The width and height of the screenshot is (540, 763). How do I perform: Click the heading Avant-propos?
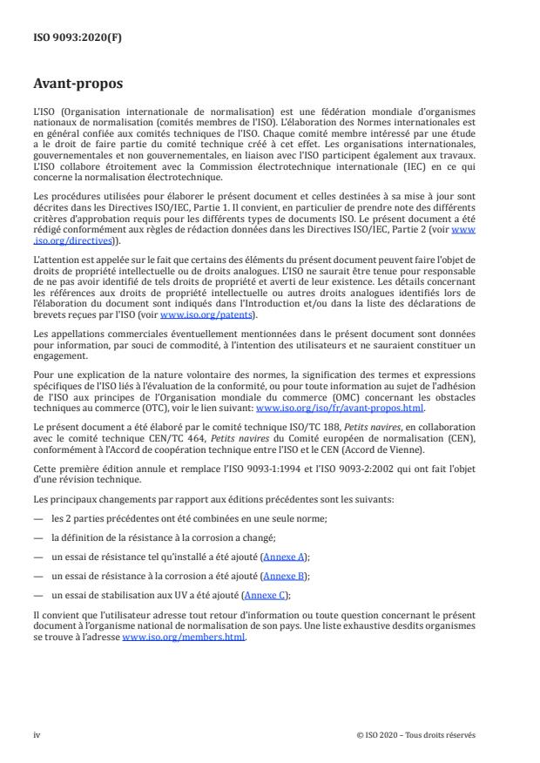pos(78,84)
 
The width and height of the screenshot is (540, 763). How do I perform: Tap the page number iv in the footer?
pos(37,735)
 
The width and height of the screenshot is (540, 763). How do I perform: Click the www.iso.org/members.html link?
pos(184,637)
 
